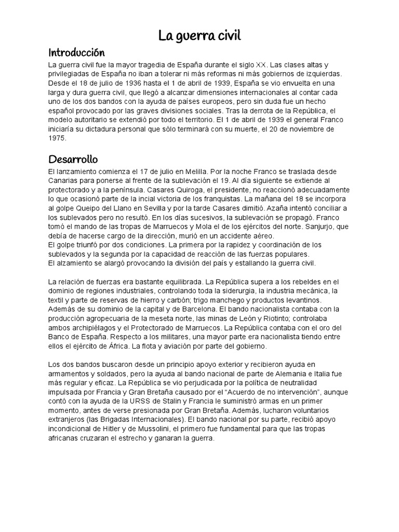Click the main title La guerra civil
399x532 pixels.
click(x=199, y=36)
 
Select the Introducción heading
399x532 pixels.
click(x=76, y=52)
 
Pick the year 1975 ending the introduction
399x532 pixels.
click(x=57, y=139)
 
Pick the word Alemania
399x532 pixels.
click(x=294, y=374)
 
